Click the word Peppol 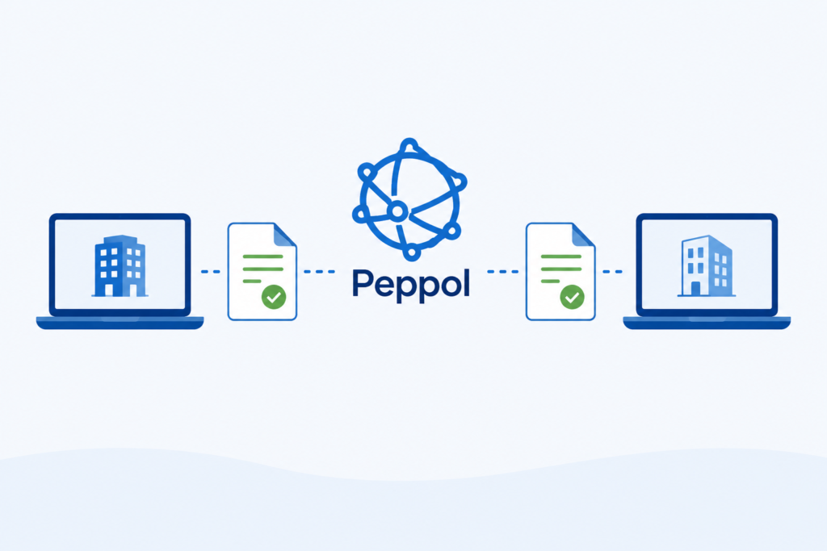pos(410,285)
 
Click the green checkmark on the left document pos(274,297)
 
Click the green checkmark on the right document pos(573,297)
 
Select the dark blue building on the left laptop pos(120,266)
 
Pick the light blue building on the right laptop pos(707,266)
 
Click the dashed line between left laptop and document pos(211,272)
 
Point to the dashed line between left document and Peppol pos(319,272)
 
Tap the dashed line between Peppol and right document pos(502,272)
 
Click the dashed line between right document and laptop pos(612,272)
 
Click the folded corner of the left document pos(283,236)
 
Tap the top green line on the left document pos(262,257)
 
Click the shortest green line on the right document pos(550,282)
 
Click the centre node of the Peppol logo pos(397,211)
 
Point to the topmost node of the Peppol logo pos(409,145)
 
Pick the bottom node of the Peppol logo pos(412,253)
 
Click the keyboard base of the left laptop pos(120,323)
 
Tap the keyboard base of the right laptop pos(707,323)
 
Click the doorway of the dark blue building pos(109,290)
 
